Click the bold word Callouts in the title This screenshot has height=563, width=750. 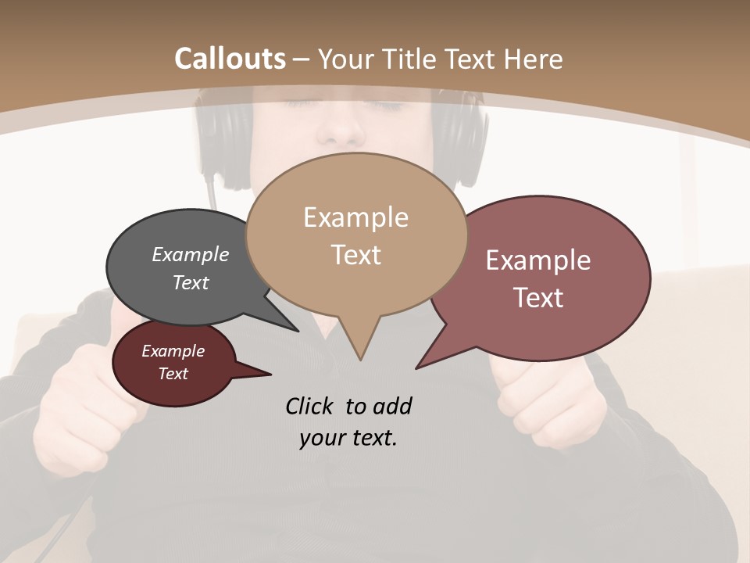pos(230,59)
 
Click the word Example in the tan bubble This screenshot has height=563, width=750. pos(355,217)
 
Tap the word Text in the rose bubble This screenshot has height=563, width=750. pos(538,298)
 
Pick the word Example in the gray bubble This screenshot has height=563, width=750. pos(191,254)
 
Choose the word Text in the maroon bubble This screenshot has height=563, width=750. pos(173,374)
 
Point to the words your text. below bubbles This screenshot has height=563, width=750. pos(348,438)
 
